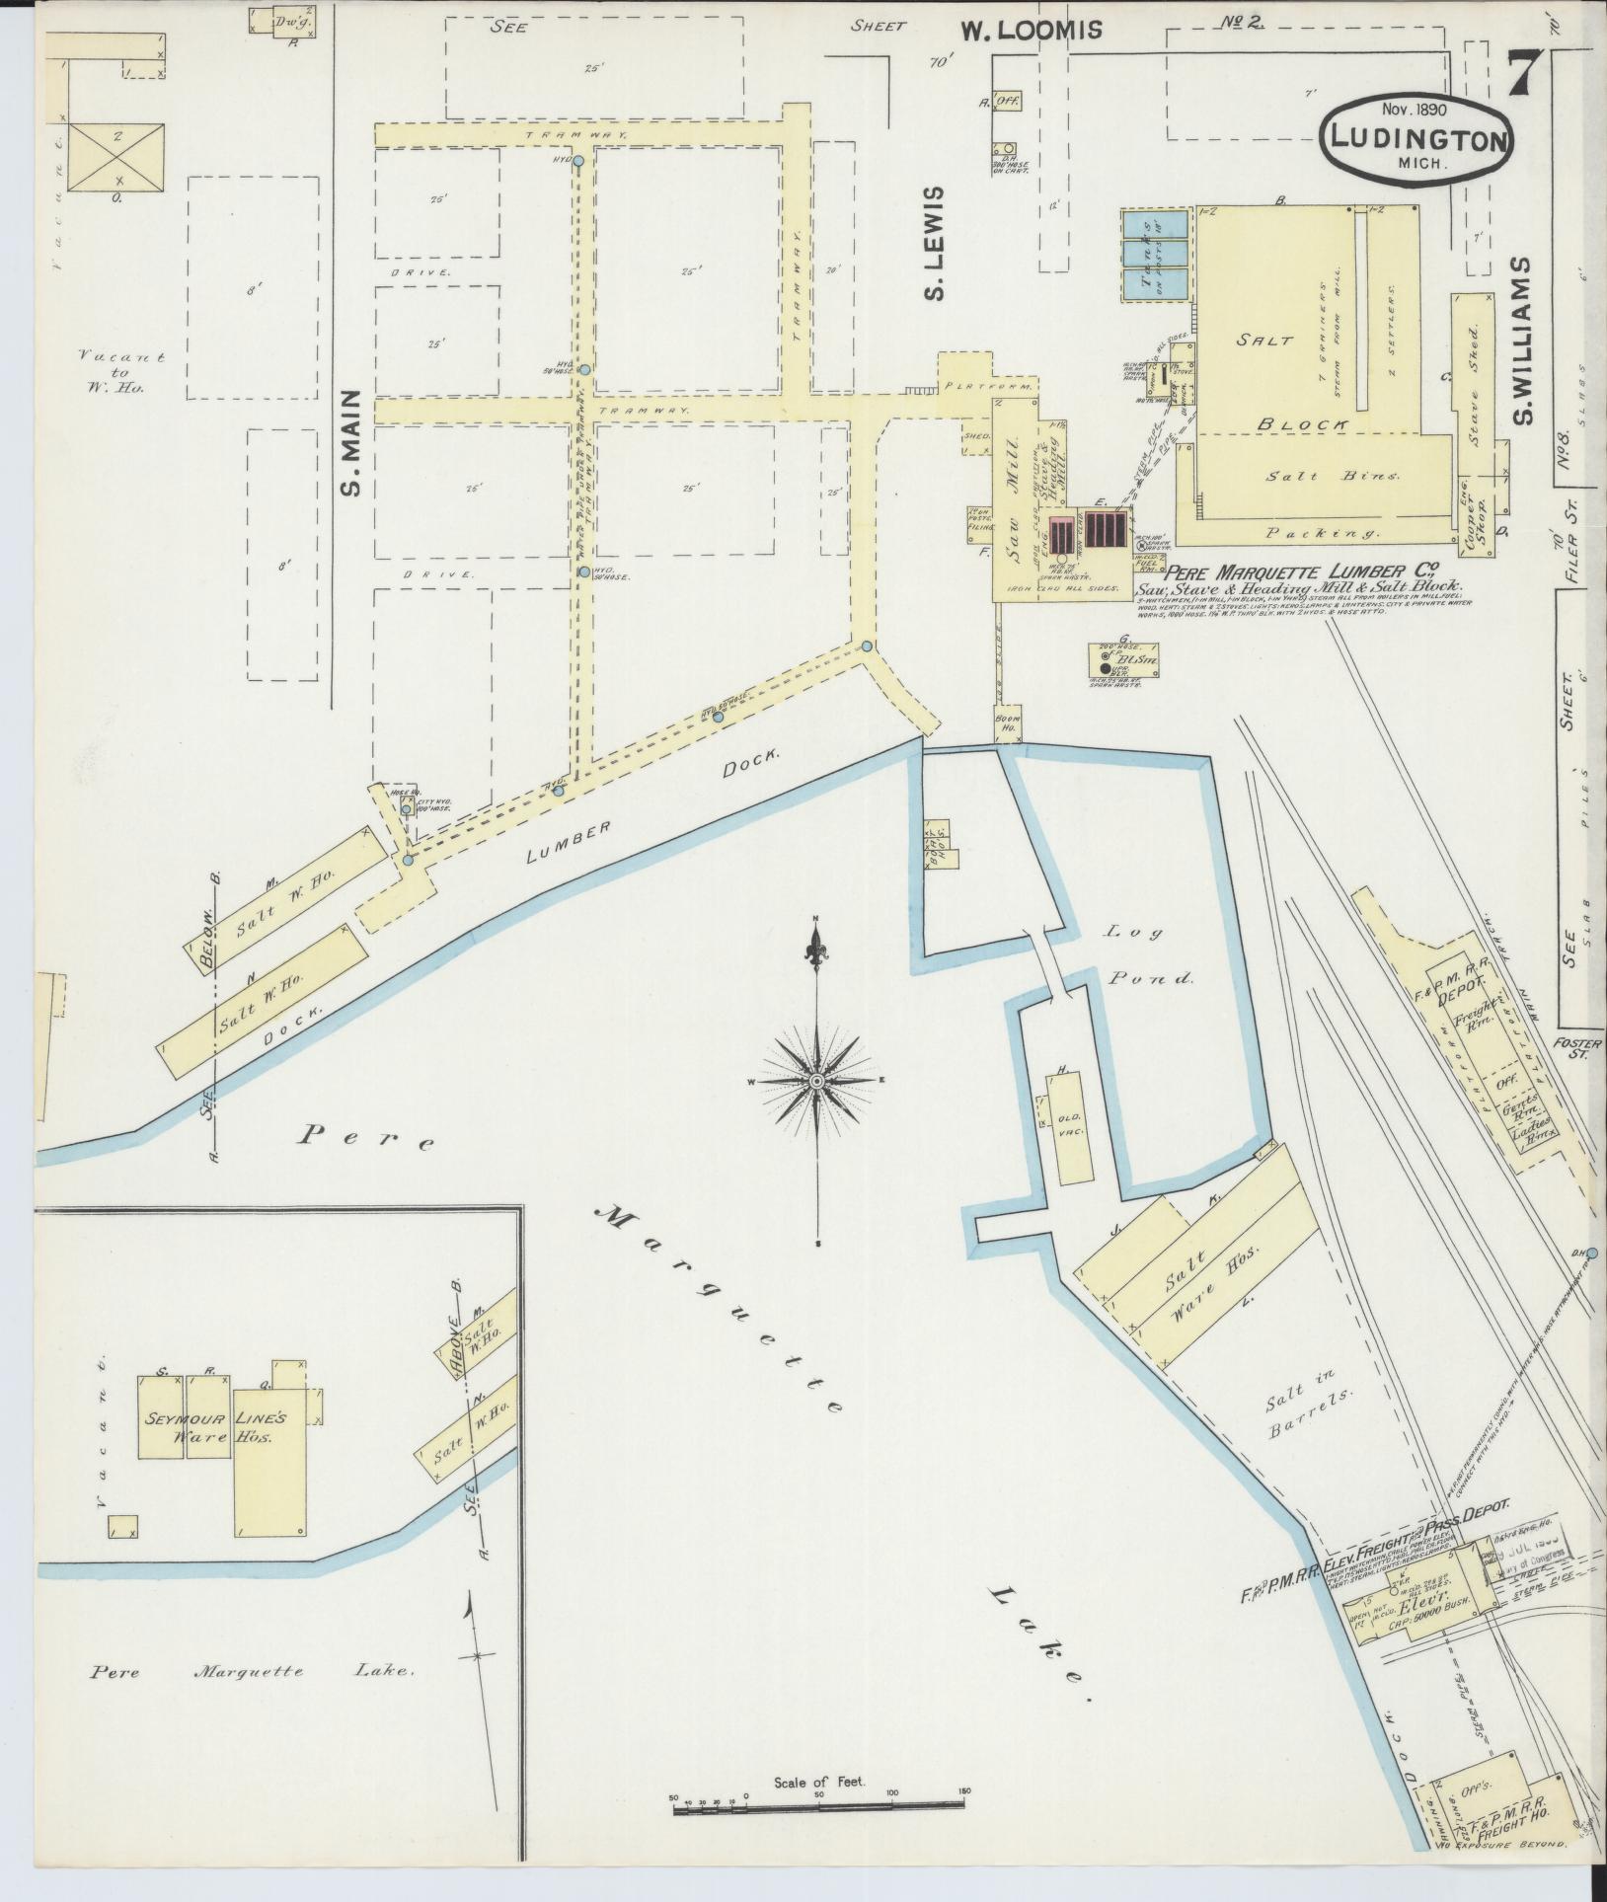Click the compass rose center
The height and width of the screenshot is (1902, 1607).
coord(816,1082)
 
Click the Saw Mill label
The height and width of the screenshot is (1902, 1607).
coord(1012,494)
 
